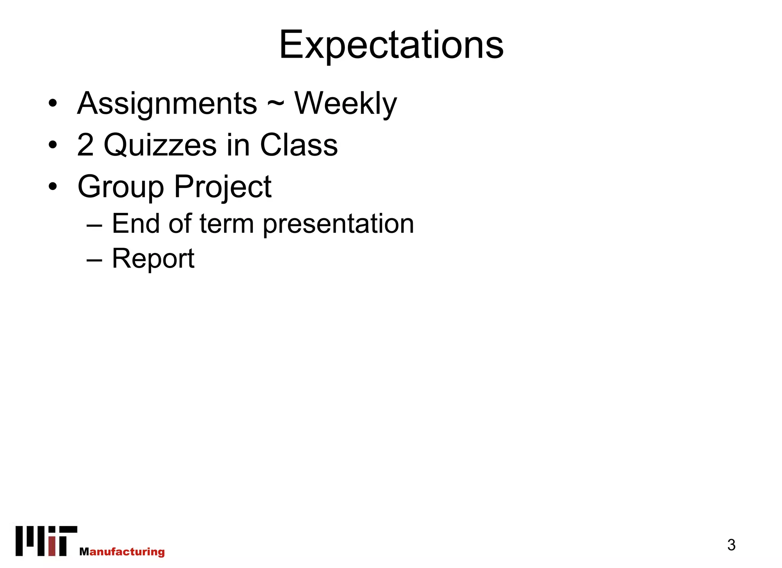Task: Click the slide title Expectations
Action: [x=391, y=45]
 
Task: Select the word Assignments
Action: [x=167, y=104]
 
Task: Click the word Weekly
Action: [x=346, y=104]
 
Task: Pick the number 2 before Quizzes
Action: [x=85, y=145]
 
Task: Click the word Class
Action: [x=299, y=145]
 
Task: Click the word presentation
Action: [x=338, y=224]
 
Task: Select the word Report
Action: [x=153, y=259]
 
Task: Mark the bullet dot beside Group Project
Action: [x=53, y=187]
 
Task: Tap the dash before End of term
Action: [x=94, y=226]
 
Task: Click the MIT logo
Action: [x=46, y=541]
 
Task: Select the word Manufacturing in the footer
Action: [x=122, y=552]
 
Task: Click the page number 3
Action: [x=731, y=545]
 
